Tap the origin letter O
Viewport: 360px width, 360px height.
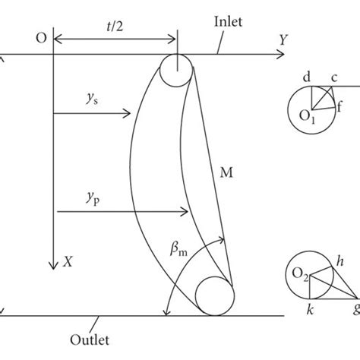click(40, 37)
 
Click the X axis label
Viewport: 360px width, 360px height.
click(68, 260)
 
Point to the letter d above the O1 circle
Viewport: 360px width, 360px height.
click(305, 77)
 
